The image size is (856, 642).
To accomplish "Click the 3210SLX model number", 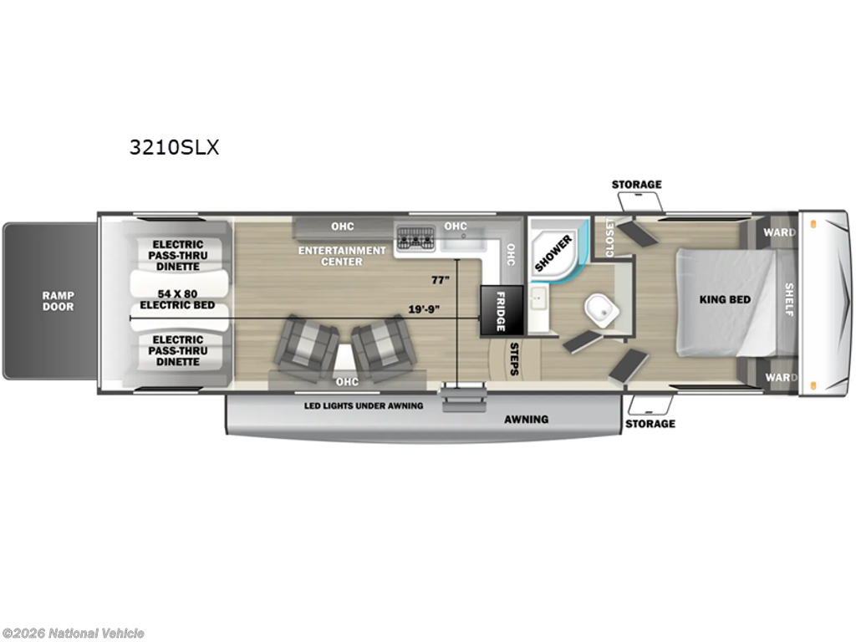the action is pyautogui.click(x=174, y=147).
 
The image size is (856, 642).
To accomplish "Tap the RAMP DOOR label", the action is pyautogui.click(x=59, y=301).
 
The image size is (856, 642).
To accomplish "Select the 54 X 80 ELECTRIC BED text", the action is pyautogui.click(x=177, y=299).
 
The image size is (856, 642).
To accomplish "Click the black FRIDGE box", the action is pyautogui.click(x=502, y=311).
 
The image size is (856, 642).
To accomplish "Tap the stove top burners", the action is pyautogui.click(x=415, y=237).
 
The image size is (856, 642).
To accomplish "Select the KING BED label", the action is pyautogui.click(x=725, y=299).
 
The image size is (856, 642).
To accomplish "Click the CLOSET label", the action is pyautogui.click(x=609, y=237).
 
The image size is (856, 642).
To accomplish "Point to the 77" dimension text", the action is pyautogui.click(x=440, y=280).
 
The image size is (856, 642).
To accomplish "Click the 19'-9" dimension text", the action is pyautogui.click(x=424, y=309).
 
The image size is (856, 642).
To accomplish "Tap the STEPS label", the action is pyautogui.click(x=514, y=359).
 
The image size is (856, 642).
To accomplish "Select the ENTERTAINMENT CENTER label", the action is pyautogui.click(x=342, y=256).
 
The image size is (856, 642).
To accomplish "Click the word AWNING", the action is pyautogui.click(x=527, y=420).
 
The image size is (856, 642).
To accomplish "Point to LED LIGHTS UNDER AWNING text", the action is pyautogui.click(x=364, y=405).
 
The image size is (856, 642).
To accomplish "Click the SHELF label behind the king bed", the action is pyautogui.click(x=789, y=299).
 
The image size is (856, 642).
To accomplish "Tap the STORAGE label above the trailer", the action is pyautogui.click(x=636, y=185).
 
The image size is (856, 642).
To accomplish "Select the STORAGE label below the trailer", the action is pyautogui.click(x=650, y=424).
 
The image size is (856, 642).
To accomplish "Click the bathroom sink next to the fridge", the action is pyautogui.click(x=538, y=298).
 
